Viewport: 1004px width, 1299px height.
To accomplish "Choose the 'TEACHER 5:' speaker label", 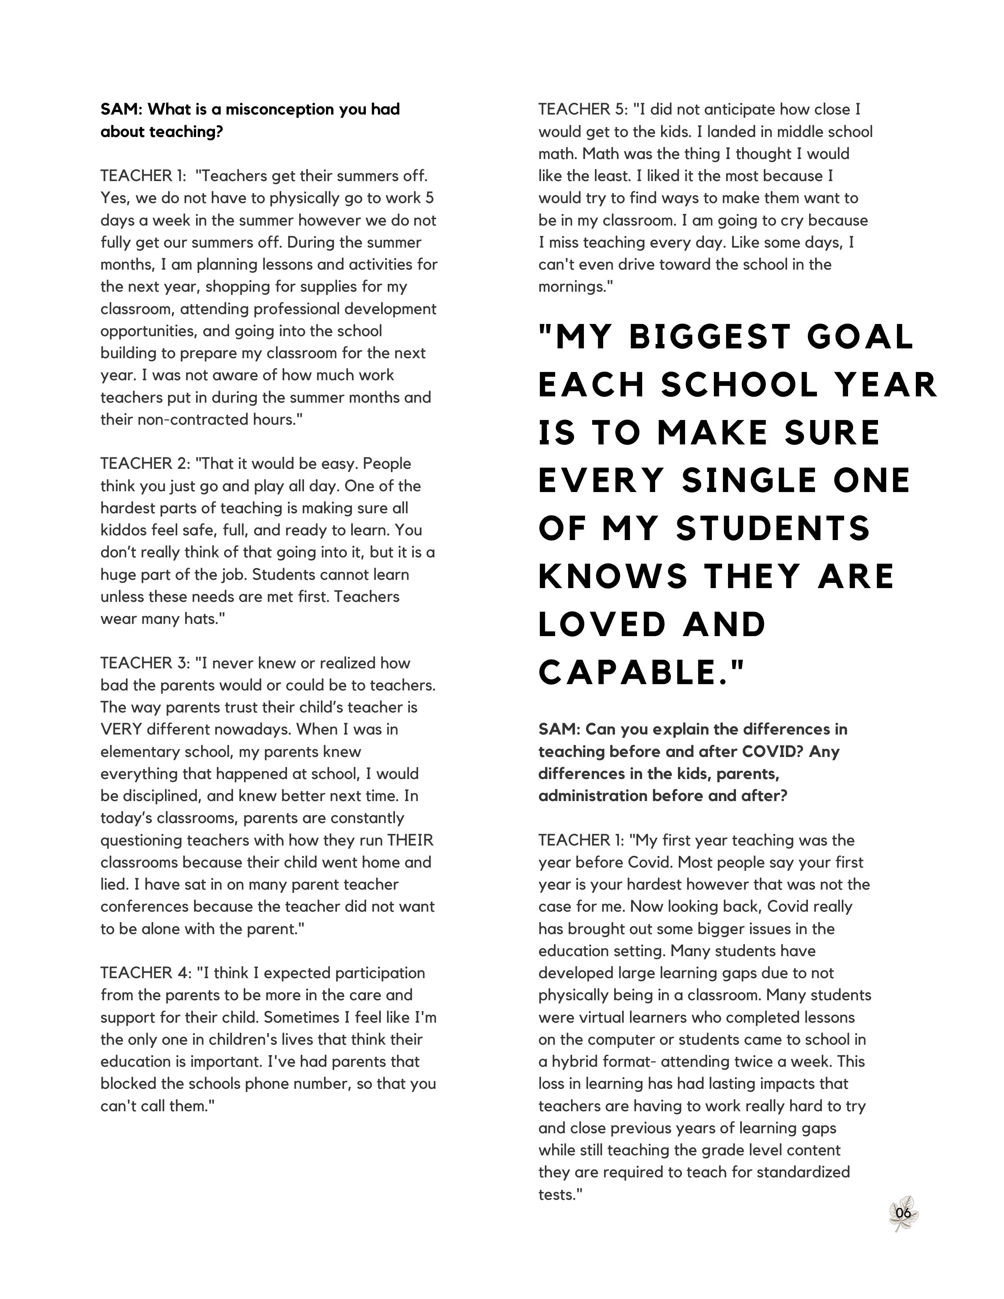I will point(583,109).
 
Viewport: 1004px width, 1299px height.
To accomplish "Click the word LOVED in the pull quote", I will point(602,625).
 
